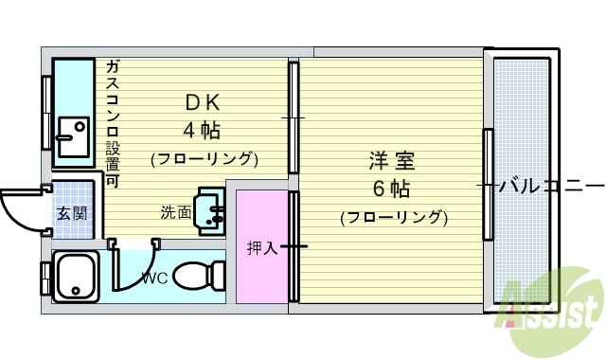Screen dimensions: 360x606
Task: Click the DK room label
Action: click(204, 100)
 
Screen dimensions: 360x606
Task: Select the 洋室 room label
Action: click(393, 160)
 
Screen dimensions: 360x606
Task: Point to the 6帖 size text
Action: click(393, 187)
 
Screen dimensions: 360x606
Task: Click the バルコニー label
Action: click(551, 185)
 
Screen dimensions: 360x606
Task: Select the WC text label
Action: click(155, 278)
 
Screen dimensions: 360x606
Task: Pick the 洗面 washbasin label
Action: click(175, 212)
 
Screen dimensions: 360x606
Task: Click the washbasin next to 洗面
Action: click(211, 207)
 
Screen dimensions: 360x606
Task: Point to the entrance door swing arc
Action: click(21, 207)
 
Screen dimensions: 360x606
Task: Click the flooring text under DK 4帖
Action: click(204, 156)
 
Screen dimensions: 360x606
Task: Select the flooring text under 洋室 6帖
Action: click(393, 216)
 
